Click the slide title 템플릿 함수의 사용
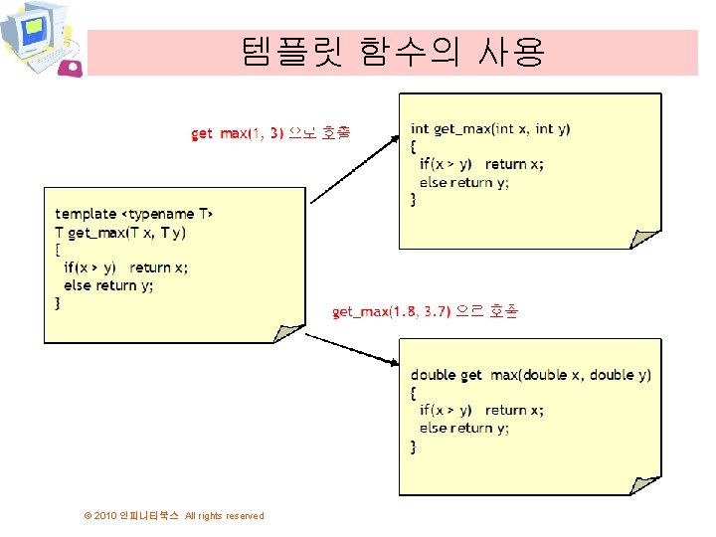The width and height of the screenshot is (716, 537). (392, 51)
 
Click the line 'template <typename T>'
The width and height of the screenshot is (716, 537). (133, 214)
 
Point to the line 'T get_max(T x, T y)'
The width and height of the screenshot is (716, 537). (120, 232)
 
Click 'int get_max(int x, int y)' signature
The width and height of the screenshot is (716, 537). (490, 128)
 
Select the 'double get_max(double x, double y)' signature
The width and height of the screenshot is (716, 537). (531, 375)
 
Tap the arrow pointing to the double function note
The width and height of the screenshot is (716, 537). (350, 351)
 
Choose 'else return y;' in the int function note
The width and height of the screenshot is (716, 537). (463, 182)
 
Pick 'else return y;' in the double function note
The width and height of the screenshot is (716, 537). (463, 428)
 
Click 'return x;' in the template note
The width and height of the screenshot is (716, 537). (159, 268)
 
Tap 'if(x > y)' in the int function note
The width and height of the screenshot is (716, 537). (446, 164)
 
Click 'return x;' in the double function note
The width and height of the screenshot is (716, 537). (514, 410)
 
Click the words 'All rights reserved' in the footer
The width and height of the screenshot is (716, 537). (225, 515)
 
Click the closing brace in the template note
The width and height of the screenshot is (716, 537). (58, 303)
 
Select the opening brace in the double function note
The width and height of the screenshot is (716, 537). (415, 392)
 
